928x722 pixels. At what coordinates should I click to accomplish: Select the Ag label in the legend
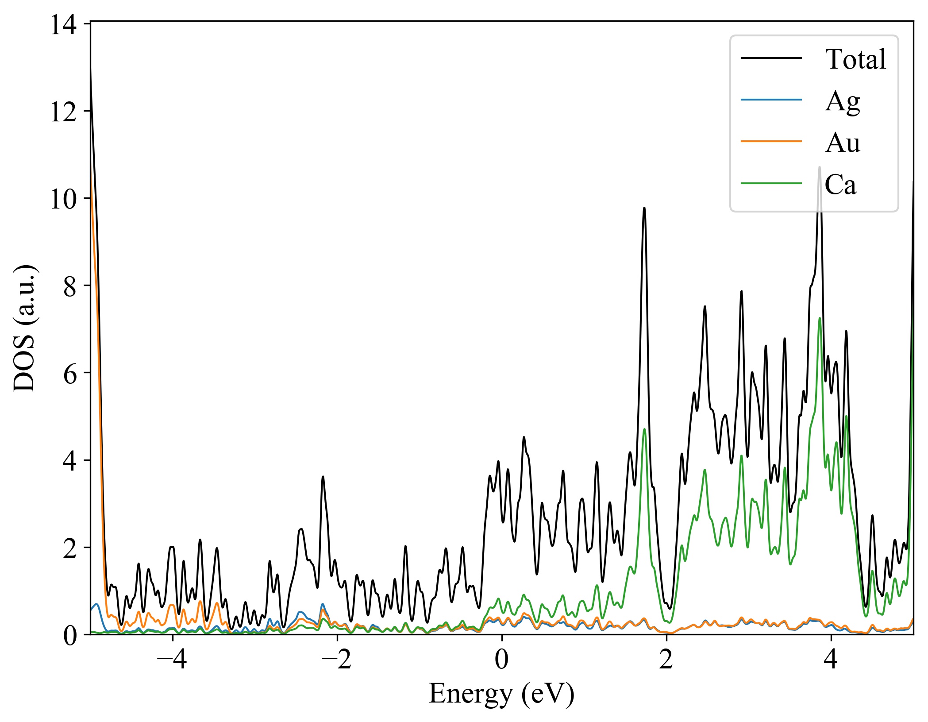[843, 101]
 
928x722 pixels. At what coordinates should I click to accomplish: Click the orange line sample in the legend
[771, 141]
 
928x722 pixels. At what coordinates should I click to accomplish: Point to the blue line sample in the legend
[771, 100]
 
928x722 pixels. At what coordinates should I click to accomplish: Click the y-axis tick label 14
[63, 25]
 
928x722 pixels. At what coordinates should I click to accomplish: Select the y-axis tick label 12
[63, 112]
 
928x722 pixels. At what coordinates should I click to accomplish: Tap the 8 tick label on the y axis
[70, 287]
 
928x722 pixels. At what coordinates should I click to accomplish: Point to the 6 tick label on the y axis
[70, 374]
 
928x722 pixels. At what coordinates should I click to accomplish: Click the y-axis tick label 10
[63, 200]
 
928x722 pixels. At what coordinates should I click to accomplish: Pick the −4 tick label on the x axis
[172, 660]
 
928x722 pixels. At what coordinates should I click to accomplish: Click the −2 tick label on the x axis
[337, 660]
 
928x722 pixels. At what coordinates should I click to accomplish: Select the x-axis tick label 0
[502, 660]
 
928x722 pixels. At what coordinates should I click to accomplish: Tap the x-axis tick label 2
[666, 660]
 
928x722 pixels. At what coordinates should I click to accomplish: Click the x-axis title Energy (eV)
[501, 694]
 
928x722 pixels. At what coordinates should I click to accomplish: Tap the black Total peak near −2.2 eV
[323, 477]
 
